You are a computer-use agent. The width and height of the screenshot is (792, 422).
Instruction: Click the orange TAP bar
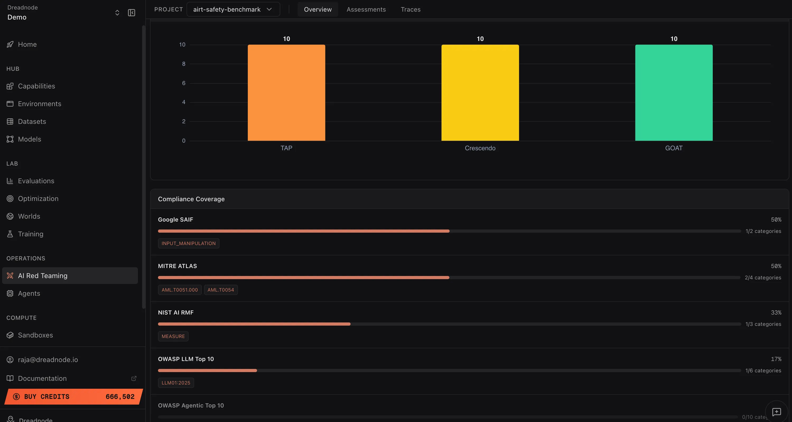286,92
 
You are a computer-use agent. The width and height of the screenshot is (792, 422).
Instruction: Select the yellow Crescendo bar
480,92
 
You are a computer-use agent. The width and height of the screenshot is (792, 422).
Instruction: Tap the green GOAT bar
674,92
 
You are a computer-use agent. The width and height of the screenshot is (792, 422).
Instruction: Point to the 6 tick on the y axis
184,83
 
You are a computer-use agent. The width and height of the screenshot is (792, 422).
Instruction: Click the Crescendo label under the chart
480,148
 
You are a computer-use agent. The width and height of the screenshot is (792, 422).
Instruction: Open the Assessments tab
366,9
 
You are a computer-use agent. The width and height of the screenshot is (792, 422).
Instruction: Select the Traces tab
411,9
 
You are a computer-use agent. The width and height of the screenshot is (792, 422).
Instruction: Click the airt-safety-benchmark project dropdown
233,9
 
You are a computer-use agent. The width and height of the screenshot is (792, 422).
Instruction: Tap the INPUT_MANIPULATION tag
188,243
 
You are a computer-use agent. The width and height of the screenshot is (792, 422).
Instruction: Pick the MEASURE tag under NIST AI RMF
173,336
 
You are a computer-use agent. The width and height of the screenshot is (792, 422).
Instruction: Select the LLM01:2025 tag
176,383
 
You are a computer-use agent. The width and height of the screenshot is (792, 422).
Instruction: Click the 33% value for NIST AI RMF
776,312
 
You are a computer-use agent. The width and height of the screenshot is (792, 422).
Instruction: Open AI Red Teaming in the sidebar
43,276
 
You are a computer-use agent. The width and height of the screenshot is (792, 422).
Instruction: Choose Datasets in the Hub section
32,121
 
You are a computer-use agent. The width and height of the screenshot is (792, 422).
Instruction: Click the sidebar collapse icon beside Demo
131,13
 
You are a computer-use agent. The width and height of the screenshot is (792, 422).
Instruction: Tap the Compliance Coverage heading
191,199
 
